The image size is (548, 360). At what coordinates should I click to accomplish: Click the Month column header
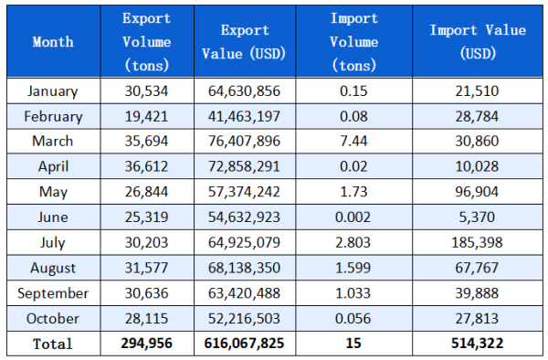click(53, 42)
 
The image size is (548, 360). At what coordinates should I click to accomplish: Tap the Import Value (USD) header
click(478, 42)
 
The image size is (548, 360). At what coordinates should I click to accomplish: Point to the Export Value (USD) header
click(244, 42)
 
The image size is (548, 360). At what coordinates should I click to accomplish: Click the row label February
click(53, 116)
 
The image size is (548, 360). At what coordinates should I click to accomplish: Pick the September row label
click(53, 293)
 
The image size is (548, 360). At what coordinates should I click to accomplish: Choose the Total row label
click(53, 344)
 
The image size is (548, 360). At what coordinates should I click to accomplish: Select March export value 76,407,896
click(244, 142)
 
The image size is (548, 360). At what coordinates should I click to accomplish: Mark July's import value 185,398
click(478, 243)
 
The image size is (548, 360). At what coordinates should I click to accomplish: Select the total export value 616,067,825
click(244, 344)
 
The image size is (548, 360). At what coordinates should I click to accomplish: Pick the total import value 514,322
click(478, 344)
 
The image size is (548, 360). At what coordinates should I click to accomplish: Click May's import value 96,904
click(478, 192)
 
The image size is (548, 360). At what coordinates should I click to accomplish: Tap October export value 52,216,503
click(244, 319)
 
